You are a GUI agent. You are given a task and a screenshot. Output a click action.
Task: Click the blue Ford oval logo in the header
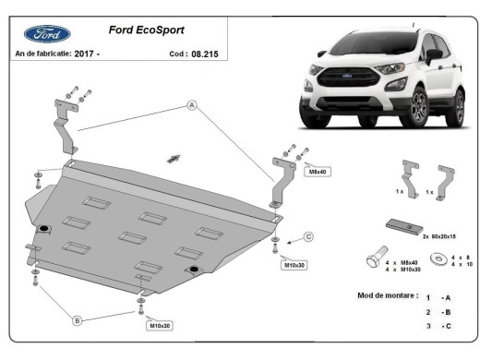(x=46, y=33)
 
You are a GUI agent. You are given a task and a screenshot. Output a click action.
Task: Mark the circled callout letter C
(x=308, y=236)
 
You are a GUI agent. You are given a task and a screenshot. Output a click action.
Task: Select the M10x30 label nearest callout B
(x=159, y=326)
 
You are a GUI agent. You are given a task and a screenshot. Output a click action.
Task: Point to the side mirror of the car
(x=434, y=55)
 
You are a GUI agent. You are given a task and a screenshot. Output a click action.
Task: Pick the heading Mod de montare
(x=388, y=295)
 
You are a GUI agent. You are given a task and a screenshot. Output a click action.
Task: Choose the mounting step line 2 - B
(x=438, y=313)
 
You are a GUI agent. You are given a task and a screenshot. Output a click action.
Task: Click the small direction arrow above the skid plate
(x=173, y=158)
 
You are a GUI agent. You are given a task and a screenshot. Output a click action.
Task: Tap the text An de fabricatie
(x=42, y=54)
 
